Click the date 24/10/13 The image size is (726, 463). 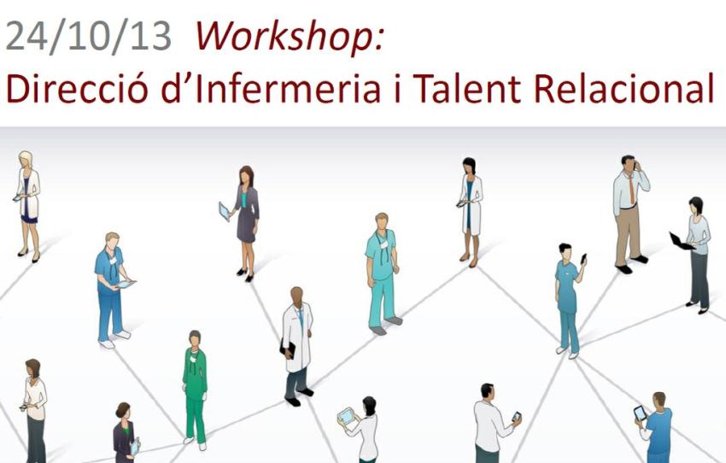(x=88, y=37)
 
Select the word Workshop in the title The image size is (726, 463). (x=289, y=37)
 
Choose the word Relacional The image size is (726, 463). (x=641, y=88)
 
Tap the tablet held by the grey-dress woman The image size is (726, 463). (x=225, y=210)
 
